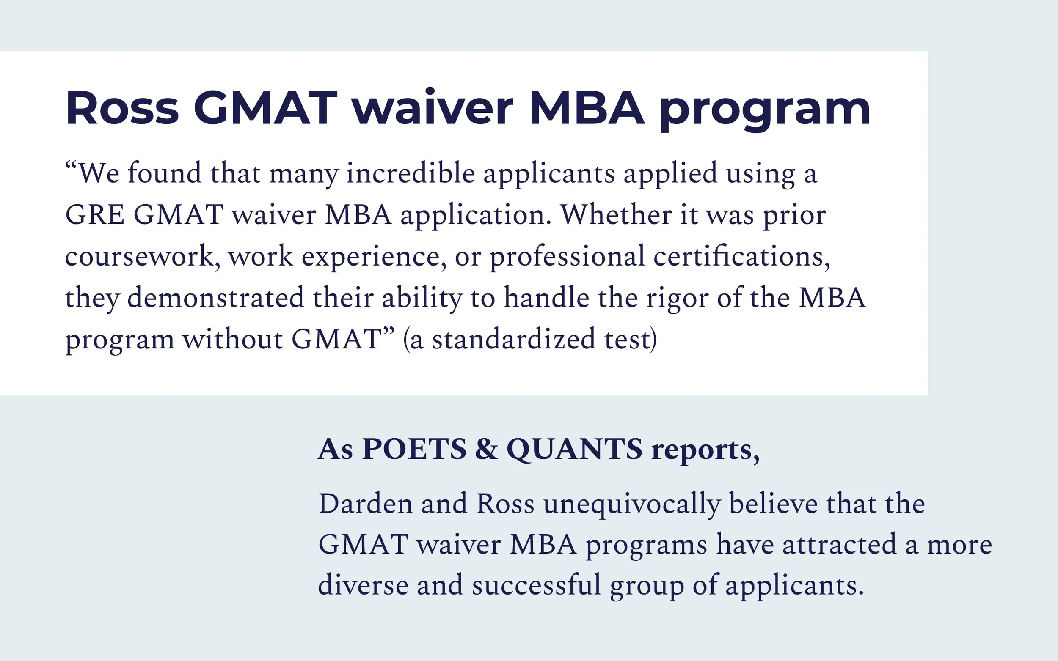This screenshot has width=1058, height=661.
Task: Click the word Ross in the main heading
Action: pos(122,108)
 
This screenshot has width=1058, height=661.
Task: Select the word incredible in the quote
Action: pos(411,173)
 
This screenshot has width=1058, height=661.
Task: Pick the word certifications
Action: pos(741,256)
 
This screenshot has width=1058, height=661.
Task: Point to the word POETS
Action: pos(414,449)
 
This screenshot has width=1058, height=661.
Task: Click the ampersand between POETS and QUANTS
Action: pos(486,449)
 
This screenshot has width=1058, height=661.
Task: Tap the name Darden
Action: pos(365,504)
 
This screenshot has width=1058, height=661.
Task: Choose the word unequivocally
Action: pos(631,505)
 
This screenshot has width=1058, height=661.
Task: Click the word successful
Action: pos(536,585)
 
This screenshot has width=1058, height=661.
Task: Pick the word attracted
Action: pos(839,544)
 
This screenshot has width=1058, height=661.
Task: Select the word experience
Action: pos(370,257)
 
